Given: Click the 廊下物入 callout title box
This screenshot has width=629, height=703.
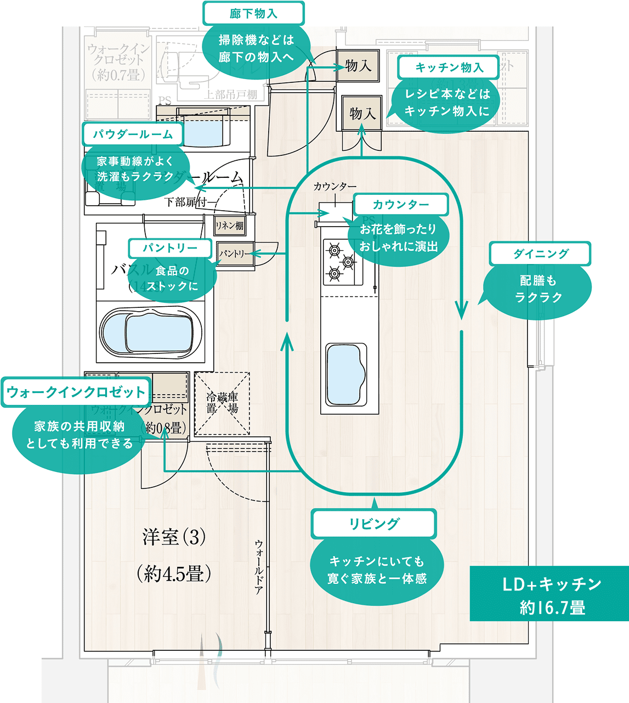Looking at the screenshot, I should click(253, 13).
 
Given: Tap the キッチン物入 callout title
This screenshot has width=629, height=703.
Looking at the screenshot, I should click(449, 67).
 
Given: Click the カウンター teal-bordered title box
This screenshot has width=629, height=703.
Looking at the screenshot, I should click(401, 204).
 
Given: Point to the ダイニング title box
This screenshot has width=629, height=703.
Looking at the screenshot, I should click(540, 254).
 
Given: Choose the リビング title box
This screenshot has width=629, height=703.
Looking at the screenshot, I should click(374, 524).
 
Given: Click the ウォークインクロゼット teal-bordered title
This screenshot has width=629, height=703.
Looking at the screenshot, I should click(76, 392).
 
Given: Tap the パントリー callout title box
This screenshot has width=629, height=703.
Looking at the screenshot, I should click(170, 248).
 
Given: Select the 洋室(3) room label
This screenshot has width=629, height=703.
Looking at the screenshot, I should click(174, 537).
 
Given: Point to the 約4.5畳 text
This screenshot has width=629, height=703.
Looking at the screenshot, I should click(174, 574).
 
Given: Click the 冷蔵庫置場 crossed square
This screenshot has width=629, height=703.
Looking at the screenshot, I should click(222, 403).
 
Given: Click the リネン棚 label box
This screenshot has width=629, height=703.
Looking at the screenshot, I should click(229, 225).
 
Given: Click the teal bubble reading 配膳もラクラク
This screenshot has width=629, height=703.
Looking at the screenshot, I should click(538, 289).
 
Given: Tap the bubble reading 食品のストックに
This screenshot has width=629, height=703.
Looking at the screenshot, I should click(172, 278).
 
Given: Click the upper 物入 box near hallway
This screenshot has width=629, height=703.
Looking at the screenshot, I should click(358, 66).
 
